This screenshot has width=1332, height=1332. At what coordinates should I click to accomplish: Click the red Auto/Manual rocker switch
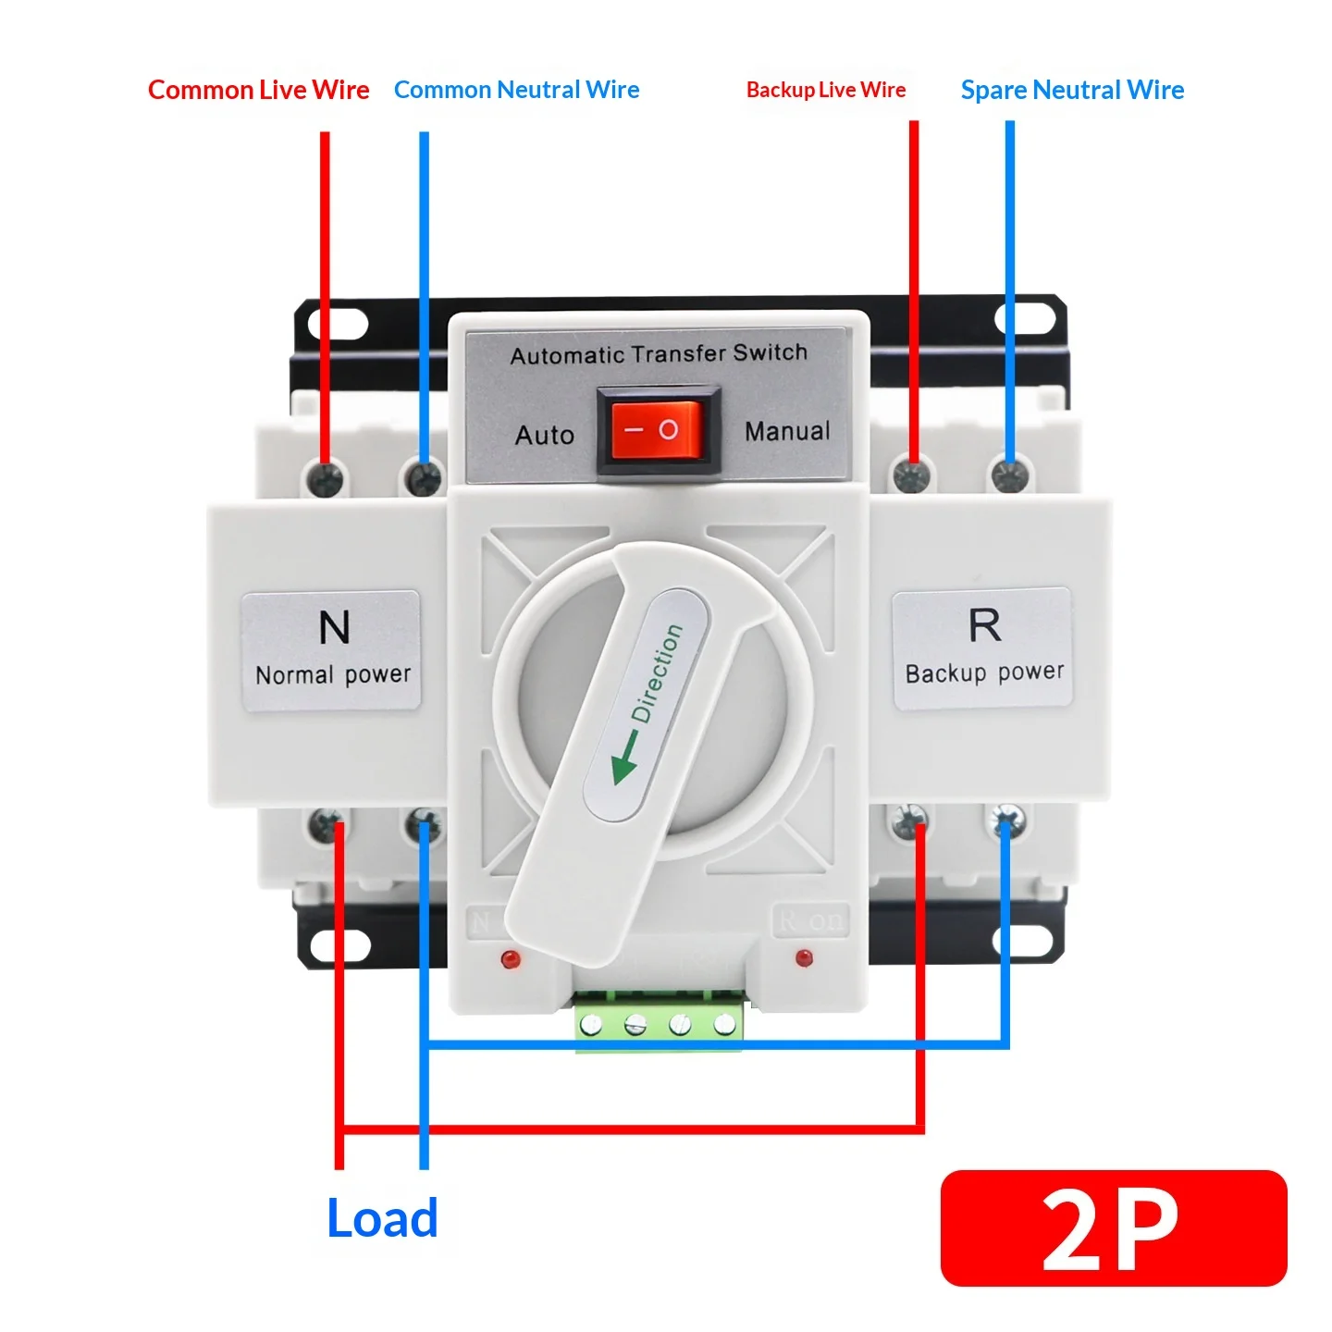[x=659, y=430]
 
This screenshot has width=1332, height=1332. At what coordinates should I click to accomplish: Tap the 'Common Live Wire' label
[x=258, y=90]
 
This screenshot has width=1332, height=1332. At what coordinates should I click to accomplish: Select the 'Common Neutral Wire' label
[x=516, y=90]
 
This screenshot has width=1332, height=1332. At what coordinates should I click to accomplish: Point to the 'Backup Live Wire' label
[x=826, y=90]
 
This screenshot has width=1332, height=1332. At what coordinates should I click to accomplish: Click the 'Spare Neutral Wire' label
[x=1072, y=91]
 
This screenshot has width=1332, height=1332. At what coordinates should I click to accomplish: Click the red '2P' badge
[x=1114, y=1227]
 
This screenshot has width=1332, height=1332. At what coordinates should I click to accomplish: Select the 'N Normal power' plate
[x=331, y=650]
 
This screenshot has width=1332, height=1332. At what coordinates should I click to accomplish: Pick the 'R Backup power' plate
[x=982, y=648]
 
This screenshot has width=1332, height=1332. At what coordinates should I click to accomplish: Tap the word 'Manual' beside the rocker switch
[x=787, y=431]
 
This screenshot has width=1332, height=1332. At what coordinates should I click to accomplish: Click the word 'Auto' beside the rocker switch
[x=545, y=435]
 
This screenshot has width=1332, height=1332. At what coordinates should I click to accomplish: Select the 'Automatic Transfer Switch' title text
[x=659, y=354]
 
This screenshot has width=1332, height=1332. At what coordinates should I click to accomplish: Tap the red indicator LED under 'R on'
[x=804, y=958]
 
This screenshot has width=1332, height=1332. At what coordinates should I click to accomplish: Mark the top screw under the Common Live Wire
[x=325, y=477]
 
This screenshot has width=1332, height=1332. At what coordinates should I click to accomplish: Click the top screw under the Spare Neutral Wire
[x=1010, y=476]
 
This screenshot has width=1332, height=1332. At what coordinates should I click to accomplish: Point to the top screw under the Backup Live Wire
[x=912, y=475]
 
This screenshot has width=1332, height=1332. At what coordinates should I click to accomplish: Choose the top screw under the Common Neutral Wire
[x=424, y=477]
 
